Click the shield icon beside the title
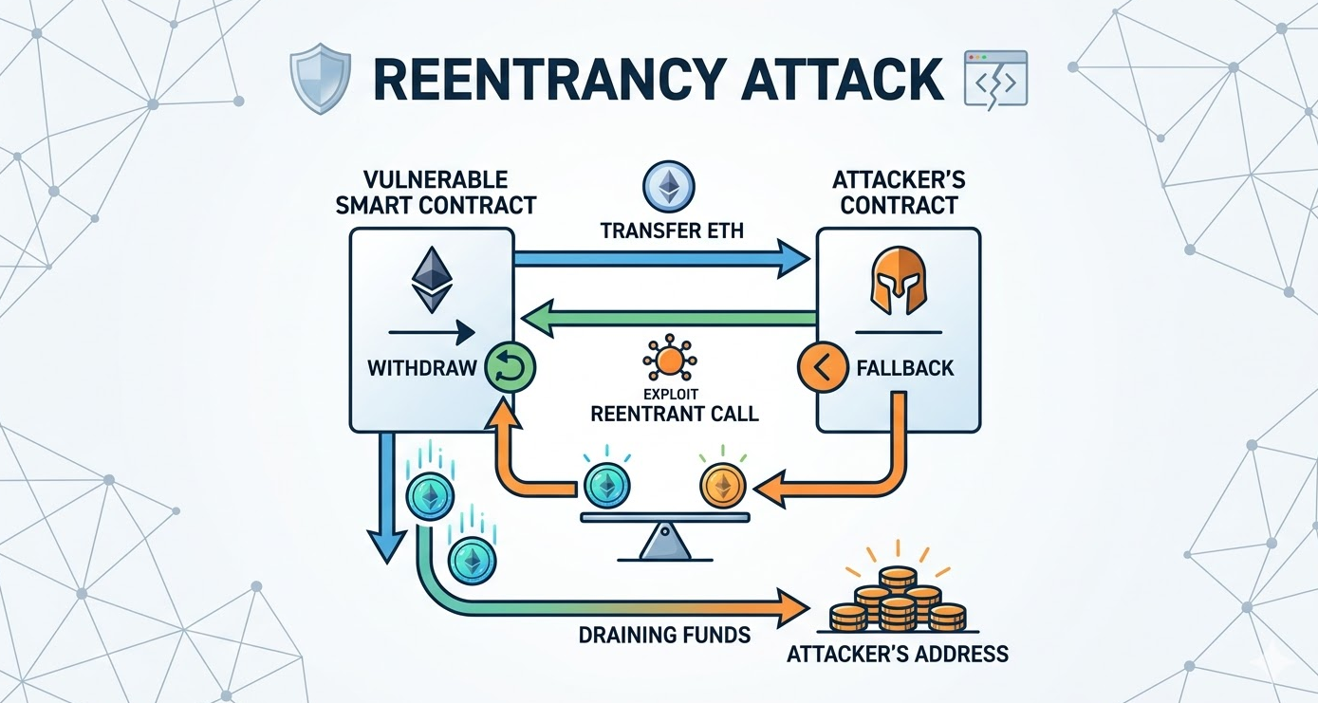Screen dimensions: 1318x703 click(321, 78)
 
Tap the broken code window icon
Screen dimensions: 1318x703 click(995, 79)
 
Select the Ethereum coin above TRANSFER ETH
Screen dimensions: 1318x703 click(669, 188)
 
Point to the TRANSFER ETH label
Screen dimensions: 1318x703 click(672, 231)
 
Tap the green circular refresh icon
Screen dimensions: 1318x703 click(510, 369)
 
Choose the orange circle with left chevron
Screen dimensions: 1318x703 click(823, 368)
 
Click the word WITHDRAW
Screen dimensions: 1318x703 click(422, 368)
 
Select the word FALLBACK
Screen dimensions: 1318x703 click(905, 368)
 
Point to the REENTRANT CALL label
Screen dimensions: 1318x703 click(675, 414)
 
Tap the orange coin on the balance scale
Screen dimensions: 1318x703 click(722, 487)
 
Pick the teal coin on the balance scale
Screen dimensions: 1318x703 click(606, 487)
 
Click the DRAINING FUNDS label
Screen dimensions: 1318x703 click(664, 636)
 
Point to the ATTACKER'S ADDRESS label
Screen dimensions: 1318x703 click(898, 654)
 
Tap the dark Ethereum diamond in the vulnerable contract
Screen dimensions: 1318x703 click(432, 280)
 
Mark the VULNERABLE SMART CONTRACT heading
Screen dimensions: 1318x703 click(436, 192)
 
